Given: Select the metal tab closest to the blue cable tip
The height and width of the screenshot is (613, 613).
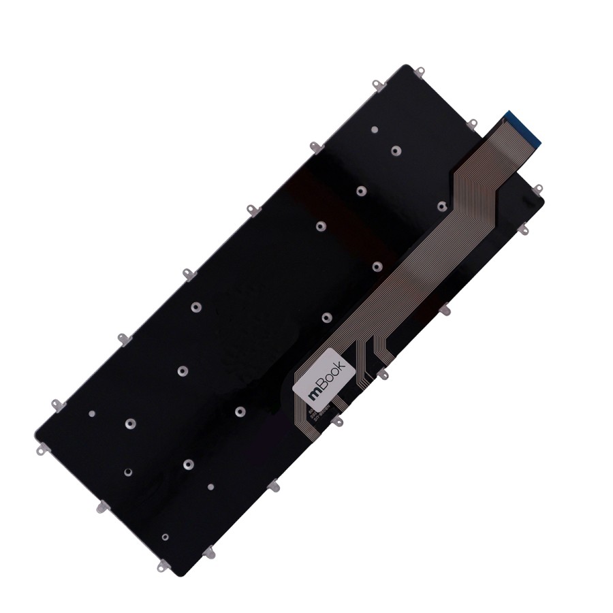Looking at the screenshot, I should tap(471, 124).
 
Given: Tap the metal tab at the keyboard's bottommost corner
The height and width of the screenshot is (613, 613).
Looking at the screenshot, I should tap(163, 565).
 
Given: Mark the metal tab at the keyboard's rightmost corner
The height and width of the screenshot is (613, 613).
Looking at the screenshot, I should tap(537, 189).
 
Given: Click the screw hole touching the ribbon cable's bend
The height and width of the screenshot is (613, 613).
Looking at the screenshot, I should tap(442, 206).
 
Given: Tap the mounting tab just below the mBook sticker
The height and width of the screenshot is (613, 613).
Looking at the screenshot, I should tap(336, 422).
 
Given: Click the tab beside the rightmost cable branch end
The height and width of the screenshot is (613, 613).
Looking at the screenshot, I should tap(383, 373).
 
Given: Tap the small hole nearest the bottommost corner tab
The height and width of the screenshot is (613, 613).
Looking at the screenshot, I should tap(166, 537).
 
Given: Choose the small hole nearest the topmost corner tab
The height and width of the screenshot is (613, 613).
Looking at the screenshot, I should tap(375, 129).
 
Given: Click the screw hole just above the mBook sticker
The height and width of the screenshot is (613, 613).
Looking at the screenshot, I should tap(326, 317).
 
